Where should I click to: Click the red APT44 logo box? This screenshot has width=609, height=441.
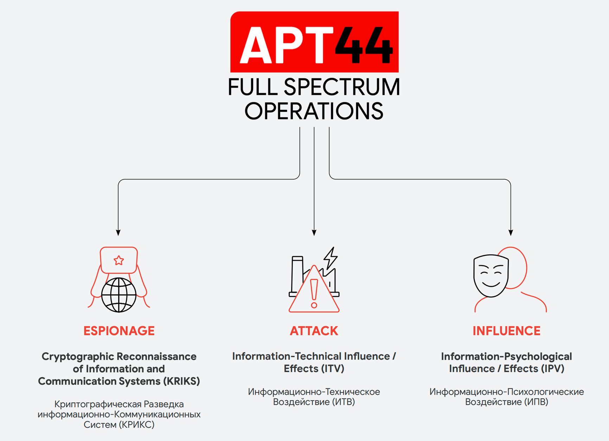point(314,42)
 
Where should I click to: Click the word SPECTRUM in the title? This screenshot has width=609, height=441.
point(341,87)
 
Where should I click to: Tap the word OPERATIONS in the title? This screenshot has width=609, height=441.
point(314,111)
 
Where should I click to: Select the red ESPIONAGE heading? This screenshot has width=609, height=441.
point(119,331)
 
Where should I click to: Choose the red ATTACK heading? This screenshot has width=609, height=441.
point(314,331)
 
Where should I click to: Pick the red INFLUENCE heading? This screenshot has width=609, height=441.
point(506,331)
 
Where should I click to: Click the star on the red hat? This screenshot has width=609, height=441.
point(119,260)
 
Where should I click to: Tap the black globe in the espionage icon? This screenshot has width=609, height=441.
point(119,295)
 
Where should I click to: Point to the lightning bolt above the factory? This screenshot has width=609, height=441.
point(331,258)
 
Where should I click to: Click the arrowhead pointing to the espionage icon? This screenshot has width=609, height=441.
point(118,233)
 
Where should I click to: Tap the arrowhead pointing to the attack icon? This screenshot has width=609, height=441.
point(314,233)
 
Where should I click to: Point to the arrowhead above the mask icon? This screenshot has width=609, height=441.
point(511,233)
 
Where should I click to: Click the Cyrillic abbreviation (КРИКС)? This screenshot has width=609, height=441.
point(136,425)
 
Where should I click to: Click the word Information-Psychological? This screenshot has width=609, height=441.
point(506,357)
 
